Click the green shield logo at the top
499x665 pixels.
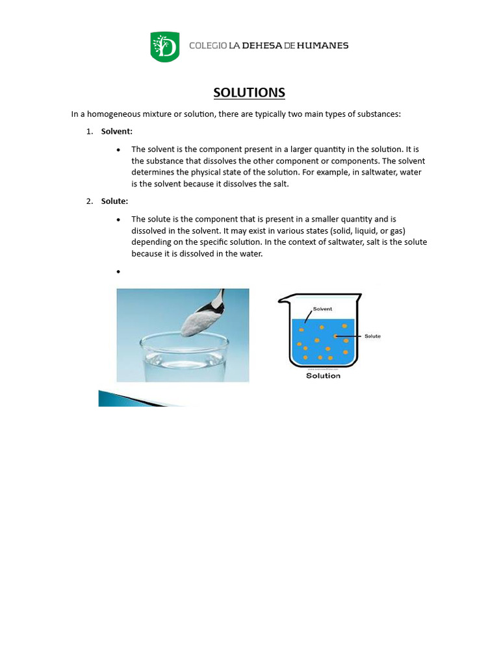click(x=165, y=47)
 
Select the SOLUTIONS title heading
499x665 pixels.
click(x=249, y=93)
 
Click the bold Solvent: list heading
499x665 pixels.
click(x=117, y=131)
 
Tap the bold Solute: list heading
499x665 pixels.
click(x=114, y=201)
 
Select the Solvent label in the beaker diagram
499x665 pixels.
click(x=322, y=309)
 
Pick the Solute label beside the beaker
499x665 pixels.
click(x=372, y=336)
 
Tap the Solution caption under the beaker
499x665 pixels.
click(x=323, y=375)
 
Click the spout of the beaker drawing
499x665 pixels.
click(x=283, y=301)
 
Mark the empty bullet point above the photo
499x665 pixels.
click(x=118, y=271)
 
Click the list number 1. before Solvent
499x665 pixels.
click(x=90, y=131)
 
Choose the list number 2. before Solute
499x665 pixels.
click(x=90, y=201)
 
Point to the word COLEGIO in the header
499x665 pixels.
click(x=208, y=45)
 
